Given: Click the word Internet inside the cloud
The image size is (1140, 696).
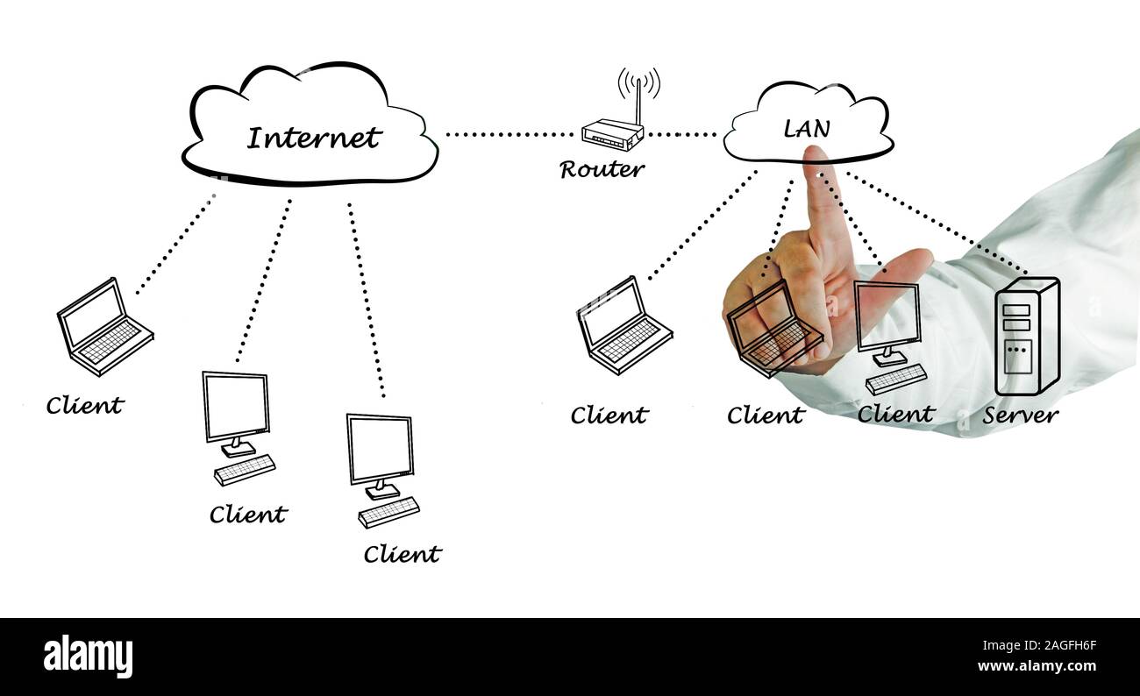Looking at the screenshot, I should pos(313,138).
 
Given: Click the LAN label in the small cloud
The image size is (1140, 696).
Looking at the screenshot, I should pos(806,129).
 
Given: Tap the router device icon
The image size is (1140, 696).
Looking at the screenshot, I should pos(612,136).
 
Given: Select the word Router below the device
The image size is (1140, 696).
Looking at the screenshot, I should pos(602,169).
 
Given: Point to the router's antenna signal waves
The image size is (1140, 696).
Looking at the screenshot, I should pos(638,82).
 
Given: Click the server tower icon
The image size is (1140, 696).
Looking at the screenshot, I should pos(1026,336).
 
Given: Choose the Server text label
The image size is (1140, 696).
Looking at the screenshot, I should pos(1020,415).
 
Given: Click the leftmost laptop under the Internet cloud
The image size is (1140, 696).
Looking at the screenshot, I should pos(103,326).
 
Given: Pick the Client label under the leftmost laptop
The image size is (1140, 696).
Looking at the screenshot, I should pos(84,406).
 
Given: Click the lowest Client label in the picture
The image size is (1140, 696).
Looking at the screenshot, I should pos(402,554).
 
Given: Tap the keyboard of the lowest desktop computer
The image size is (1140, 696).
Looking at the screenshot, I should pos(388,512).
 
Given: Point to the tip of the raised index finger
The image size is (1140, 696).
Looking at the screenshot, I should pos(816,154).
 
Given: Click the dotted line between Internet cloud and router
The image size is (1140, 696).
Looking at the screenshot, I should pos(509,134).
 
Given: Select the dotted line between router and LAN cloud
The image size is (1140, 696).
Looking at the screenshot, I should pos(682,134).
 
